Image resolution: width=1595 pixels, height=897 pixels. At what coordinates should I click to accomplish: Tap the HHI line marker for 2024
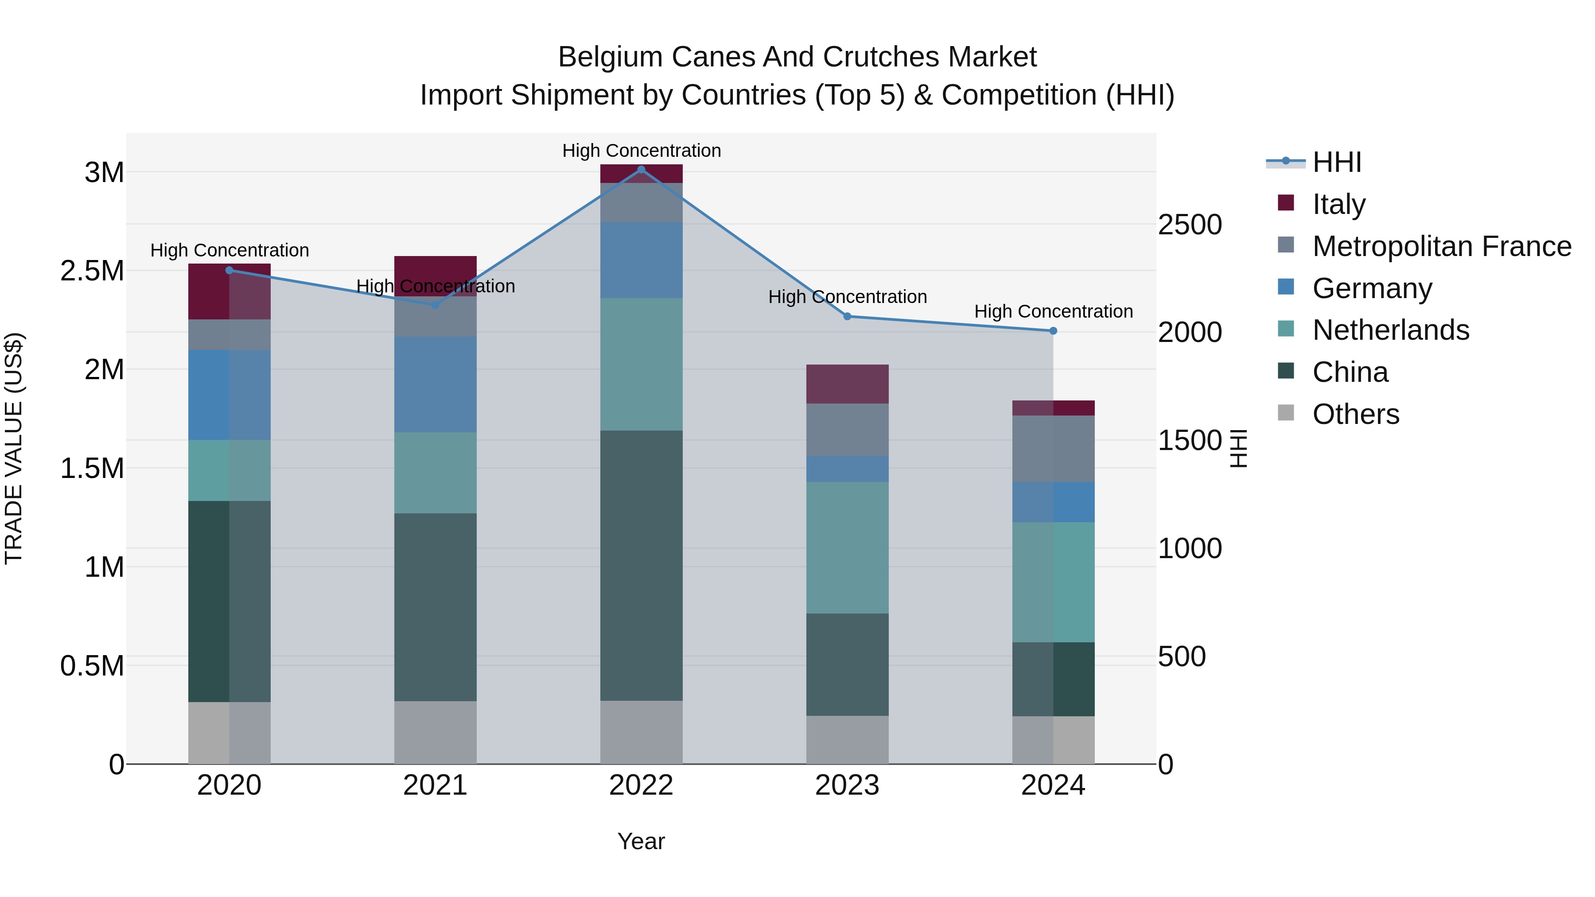click(x=1053, y=331)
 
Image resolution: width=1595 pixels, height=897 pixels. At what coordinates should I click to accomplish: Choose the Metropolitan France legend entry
click(x=1441, y=246)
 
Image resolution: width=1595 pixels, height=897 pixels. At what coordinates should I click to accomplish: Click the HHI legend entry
click(x=1336, y=162)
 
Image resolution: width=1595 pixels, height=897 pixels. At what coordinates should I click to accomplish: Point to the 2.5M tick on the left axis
click(x=92, y=271)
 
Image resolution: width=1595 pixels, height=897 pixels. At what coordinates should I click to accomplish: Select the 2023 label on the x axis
click(x=847, y=785)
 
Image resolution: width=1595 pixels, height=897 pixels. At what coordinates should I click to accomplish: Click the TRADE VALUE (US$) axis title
click(x=14, y=448)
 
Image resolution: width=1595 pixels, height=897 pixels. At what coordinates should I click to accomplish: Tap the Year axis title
click(x=641, y=841)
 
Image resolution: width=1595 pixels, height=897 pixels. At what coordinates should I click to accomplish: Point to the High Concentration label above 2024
click(x=1053, y=311)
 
